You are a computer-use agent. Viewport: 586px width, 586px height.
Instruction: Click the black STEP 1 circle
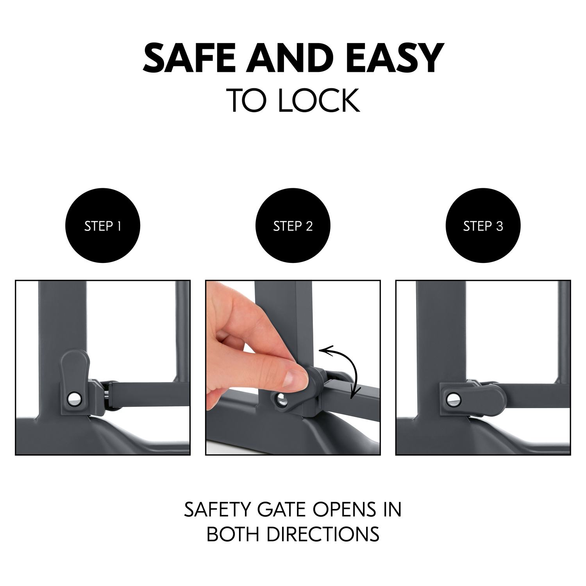click(102, 226)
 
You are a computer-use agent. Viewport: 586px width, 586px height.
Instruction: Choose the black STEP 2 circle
click(293, 226)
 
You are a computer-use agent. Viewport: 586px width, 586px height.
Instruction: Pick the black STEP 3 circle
click(483, 226)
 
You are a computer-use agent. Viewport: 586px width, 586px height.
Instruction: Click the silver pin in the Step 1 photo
click(73, 398)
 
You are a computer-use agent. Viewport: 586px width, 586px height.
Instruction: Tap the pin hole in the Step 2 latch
click(281, 400)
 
